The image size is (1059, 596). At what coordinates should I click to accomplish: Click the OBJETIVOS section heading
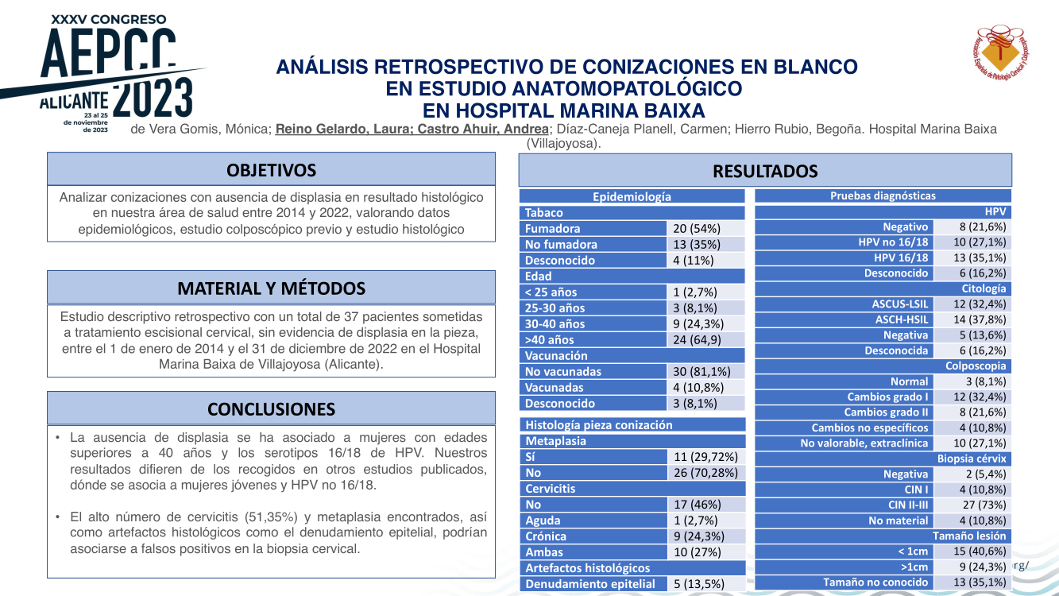click(x=271, y=170)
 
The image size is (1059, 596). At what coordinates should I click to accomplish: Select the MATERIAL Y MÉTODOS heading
click(x=271, y=288)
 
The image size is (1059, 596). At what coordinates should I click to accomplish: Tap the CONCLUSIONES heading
click(x=271, y=409)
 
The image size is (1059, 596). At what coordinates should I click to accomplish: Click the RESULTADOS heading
click(x=765, y=171)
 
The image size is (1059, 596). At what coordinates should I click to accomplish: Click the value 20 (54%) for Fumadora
click(x=697, y=229)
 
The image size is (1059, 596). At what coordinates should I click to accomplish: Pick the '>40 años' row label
click(x=549, y=339)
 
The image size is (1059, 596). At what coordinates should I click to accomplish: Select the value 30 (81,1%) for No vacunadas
click(x=701, y=371)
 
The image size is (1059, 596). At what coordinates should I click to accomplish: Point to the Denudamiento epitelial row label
click(x=590, y=584)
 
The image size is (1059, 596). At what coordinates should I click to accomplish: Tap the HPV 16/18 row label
click(x=901, y=257)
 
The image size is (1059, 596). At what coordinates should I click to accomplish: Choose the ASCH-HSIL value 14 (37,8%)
click(x=979, y=319)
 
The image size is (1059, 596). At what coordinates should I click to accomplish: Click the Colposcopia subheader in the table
click(x=976, y=366)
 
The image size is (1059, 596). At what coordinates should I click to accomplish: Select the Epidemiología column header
click(x=632, y=196)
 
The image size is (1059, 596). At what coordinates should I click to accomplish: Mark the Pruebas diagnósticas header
click(x=883, y=195)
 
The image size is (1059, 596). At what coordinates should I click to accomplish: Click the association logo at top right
click(x=1000, y=52)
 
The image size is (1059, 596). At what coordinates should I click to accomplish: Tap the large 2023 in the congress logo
click(x=153, y=99)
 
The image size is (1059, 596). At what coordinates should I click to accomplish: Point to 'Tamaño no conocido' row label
click(x=875, y=582)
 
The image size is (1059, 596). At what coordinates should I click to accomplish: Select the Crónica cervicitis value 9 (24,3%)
click(x=699, y=536)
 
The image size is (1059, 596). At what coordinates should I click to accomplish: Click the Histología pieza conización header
click(x=598, y=425)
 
